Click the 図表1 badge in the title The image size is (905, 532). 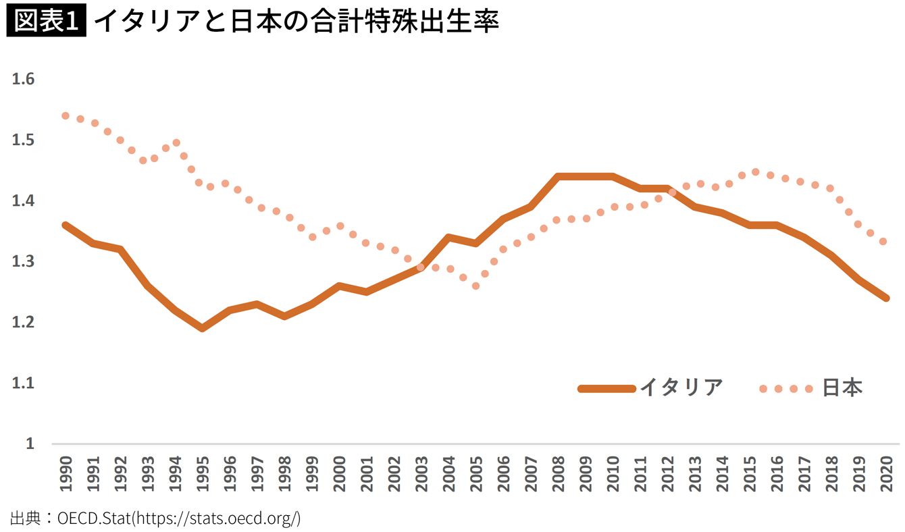click(45, 22)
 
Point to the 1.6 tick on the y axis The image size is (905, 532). click(23, 79)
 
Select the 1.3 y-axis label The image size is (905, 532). click(23, 261)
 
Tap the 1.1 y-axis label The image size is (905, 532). click(23, 383)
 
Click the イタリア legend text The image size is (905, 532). click(681, 388)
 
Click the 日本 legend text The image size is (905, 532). click(842, 388)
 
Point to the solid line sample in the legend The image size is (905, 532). click(606, 388)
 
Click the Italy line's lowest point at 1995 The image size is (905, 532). click(203, 328)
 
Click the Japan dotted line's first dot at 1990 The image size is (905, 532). click(66, 115)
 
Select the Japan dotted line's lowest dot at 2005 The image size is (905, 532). click(476, 286)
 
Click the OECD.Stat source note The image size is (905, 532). click(155, 518)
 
